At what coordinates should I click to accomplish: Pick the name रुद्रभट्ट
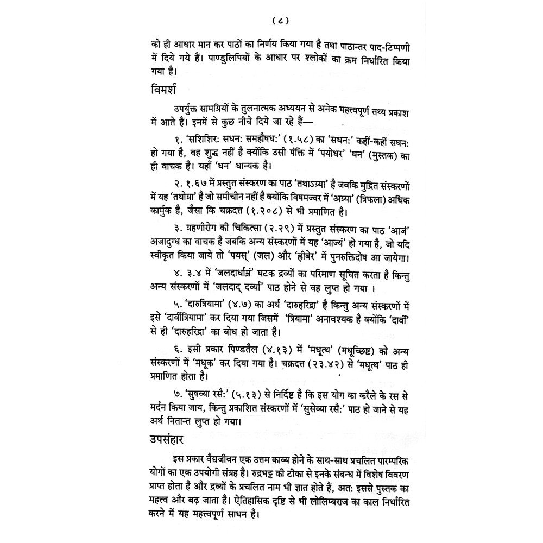pyautogui.click(x=230, y=469)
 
